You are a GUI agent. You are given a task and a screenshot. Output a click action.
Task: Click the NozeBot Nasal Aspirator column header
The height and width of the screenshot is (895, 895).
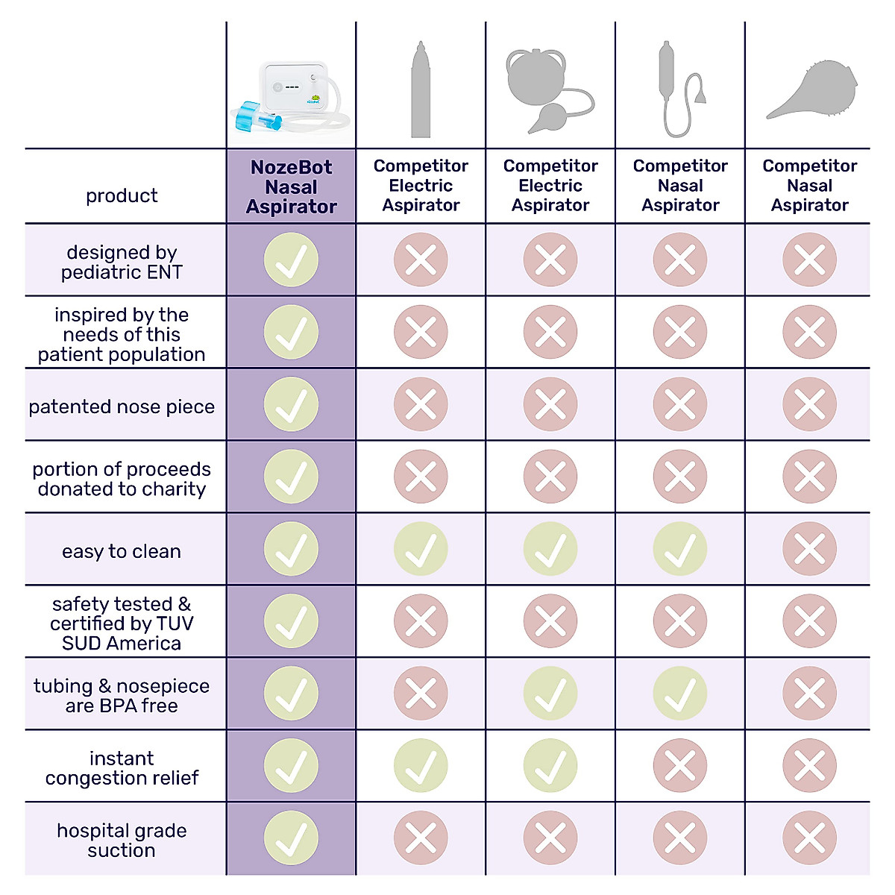[x=291, y=187]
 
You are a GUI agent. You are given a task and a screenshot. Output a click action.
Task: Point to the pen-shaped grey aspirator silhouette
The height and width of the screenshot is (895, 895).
[x=421, y=89]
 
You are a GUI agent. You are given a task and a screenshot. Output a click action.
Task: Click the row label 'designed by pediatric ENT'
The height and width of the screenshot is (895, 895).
[x=122, y=262]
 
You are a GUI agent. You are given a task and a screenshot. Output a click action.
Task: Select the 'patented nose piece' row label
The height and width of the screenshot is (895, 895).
[x=122, y=406]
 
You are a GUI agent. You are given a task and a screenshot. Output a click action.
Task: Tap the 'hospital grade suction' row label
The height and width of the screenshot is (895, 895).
[x=122, y=841]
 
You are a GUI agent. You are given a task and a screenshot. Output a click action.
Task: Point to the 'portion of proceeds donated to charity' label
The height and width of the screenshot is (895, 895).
[x=122, y=479]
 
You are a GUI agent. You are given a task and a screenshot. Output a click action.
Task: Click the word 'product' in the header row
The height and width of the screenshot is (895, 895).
[x=122, y=195]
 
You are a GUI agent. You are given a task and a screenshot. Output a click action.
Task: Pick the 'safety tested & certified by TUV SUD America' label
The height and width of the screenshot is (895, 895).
[x=122, y=624]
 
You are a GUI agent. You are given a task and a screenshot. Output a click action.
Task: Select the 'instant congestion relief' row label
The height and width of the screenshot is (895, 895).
[x=122, y=768]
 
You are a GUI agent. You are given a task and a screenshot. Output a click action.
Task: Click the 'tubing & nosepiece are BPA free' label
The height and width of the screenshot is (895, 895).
[x=122, y=696]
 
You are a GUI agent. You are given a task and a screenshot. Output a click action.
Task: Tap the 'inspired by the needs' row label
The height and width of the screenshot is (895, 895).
[x=122, y=334]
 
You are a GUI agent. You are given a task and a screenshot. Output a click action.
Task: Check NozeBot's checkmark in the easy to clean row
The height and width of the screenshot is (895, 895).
[x=291, y=549]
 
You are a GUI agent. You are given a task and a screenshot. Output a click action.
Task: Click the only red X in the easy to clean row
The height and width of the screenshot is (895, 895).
[x=809, y=549]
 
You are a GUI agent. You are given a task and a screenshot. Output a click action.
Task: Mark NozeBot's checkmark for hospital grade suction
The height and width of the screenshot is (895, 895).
[x=291, y=838]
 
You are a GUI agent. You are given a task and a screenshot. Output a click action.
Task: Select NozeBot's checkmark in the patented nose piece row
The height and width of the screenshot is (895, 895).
[x=291, y=404]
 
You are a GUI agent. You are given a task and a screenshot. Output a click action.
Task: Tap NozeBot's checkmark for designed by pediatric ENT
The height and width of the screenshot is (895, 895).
[x=291, y=260]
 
